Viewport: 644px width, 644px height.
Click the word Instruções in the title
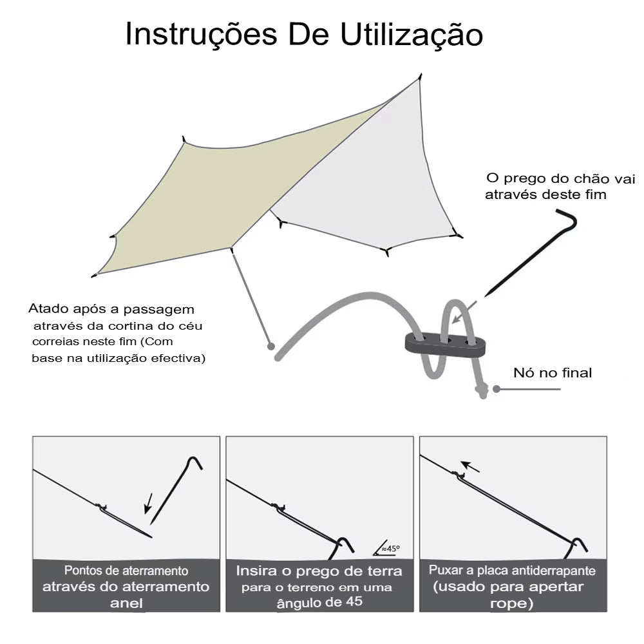click(201, 35)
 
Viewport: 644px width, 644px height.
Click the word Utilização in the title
click(412, 35)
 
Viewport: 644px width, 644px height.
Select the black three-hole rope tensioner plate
click(445, 344)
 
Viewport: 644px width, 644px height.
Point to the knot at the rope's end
click(482, 391)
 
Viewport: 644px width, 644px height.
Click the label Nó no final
click(553, 372)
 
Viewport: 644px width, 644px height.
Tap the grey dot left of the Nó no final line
click(497, 389)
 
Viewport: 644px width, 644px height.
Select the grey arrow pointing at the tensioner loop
click(464, 312)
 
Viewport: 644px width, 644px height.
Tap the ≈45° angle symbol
click(386, 548)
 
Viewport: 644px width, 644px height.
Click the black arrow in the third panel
click(470, 466)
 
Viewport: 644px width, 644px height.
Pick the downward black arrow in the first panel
click(148, 504)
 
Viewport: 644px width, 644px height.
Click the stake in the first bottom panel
click(176, 490)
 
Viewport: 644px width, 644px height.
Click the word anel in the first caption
click(126, 603)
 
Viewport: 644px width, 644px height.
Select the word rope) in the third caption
click(512, 603)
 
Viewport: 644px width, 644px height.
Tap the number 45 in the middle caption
click(354, 601)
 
